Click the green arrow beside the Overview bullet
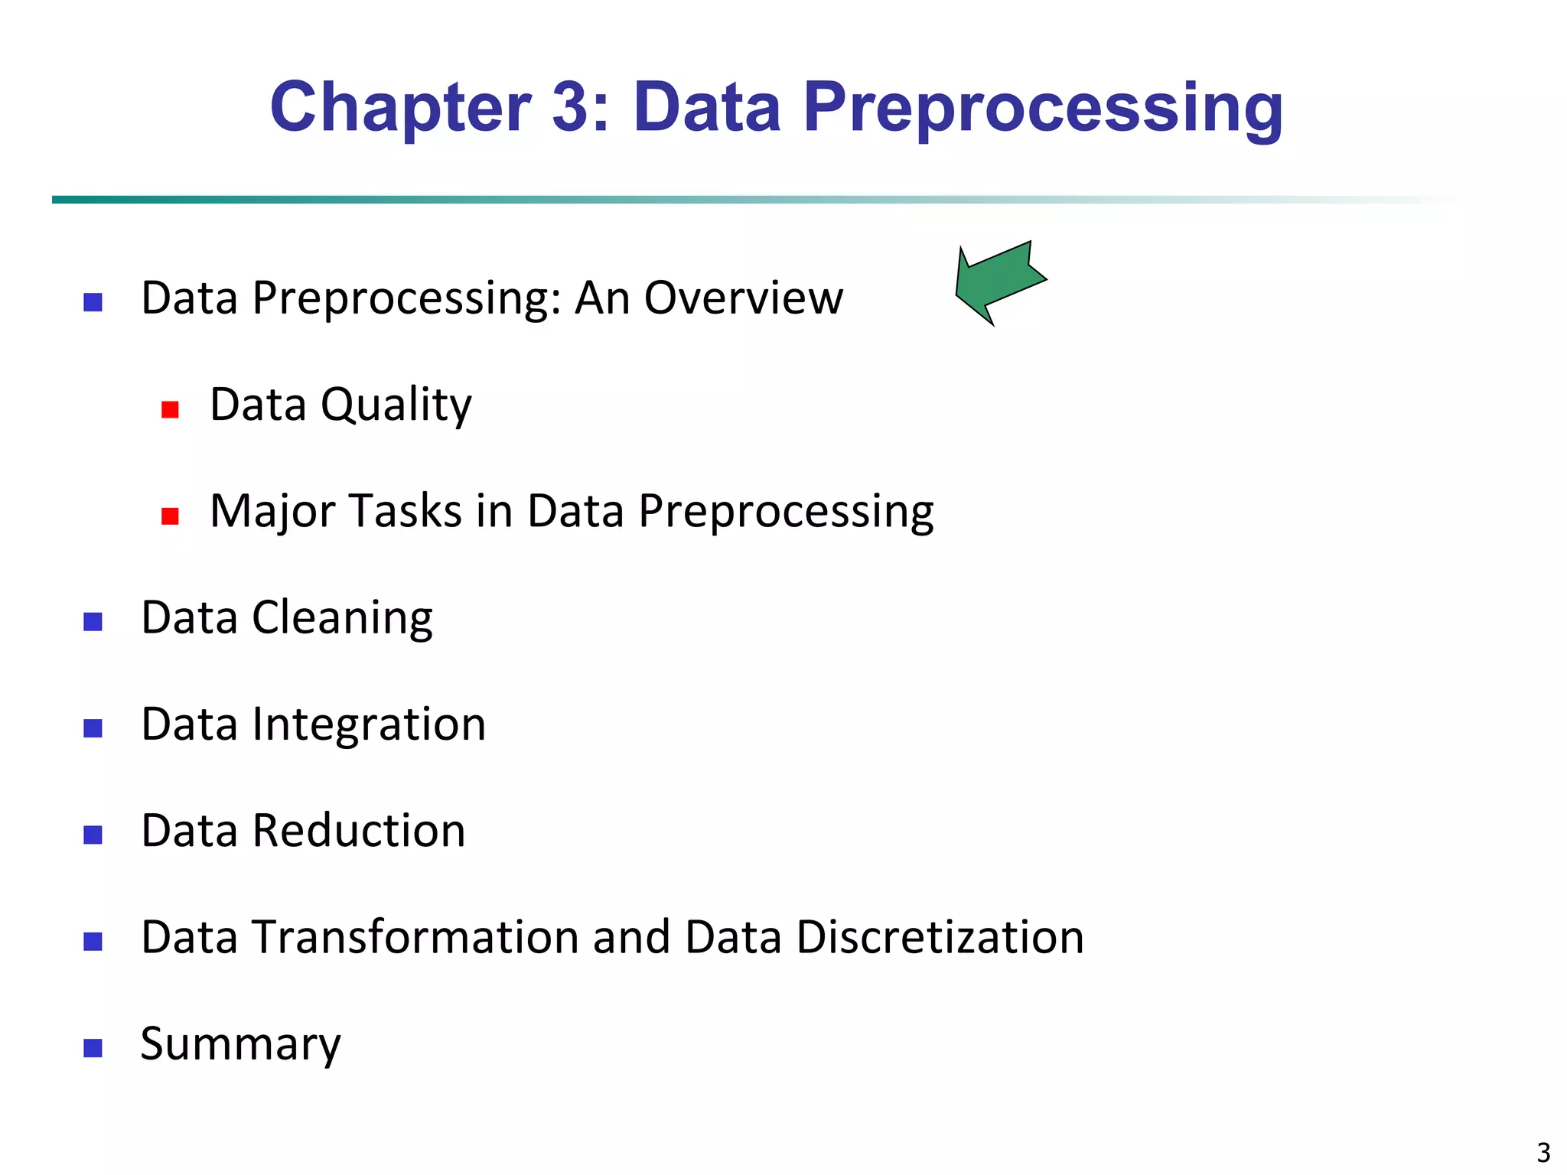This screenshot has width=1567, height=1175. (999, 282)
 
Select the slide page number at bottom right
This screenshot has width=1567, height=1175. (1543, 1152)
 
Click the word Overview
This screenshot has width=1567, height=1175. (743, 298)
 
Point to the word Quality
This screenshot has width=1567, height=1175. (396, 405)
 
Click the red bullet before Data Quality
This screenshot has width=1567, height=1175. (170, 410)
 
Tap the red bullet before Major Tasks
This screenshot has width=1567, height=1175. (170, 516)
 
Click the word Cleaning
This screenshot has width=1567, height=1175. (342, 618)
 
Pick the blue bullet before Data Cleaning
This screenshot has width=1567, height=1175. (93, 622)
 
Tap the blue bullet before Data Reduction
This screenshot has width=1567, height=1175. (93, 835)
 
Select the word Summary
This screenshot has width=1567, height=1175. (240, 1045)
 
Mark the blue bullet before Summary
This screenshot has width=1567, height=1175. (93, 1048)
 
